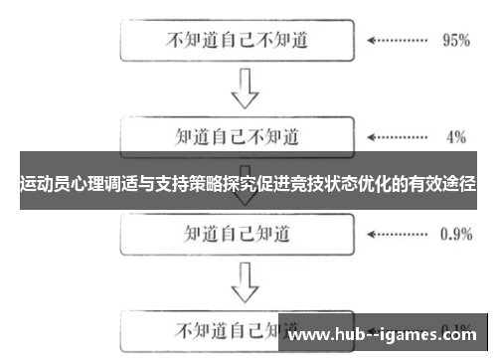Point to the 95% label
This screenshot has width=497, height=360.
[455, 42]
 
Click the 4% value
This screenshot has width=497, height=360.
[456, 135]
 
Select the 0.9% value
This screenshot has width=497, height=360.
[455, 236]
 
